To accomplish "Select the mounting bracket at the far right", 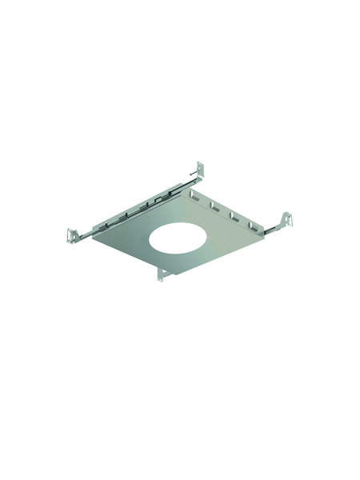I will coord(286,222).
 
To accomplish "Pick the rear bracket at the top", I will coord(199,171).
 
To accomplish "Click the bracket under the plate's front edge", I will coord(164,274).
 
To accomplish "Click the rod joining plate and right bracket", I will coord(272,229).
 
